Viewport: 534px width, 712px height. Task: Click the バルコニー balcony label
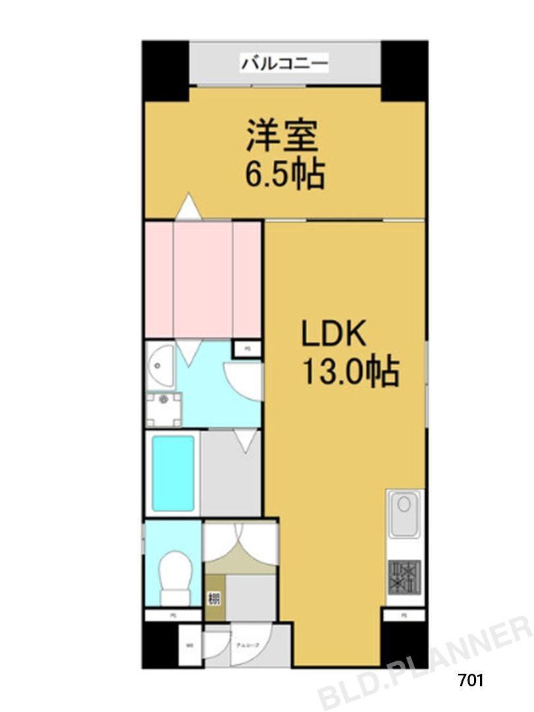(x=284, y=64)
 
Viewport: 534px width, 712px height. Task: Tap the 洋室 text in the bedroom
(x=283, y=138)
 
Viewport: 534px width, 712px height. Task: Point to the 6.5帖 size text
(x=284, y=175)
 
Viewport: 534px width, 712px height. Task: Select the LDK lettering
(x=334, y=335)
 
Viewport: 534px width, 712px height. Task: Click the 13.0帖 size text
(x=350, y=373)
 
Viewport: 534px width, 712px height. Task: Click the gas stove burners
(x=403, y=576)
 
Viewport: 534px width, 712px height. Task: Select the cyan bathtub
(x=173, y=473)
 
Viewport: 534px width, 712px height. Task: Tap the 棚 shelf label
(x=214, y=599)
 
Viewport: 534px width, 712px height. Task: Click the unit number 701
(x=471, y=680)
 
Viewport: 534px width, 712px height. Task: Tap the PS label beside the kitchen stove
(x=404, y=615)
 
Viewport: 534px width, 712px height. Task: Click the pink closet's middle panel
(x=203, y=280)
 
